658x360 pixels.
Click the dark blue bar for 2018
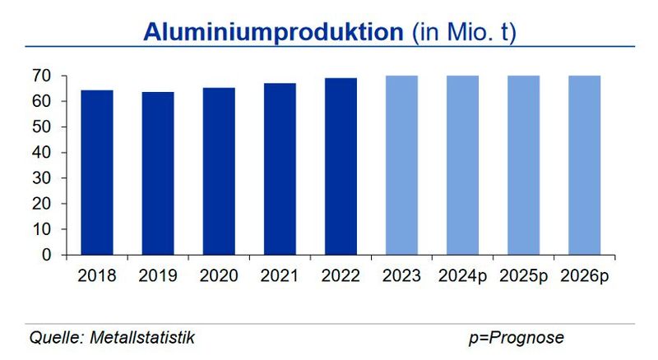click(x=97, y=173)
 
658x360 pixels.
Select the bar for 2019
click(x=158, y=173)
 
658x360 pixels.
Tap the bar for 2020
click(x=219, y=171)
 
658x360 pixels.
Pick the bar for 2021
click(x=280, y=168)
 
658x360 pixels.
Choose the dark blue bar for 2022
click(x=341, y=166)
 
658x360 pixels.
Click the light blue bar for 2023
click(x=401, y=165)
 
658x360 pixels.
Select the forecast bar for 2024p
click(x=462, y=165)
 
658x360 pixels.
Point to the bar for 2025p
click(x=524, y=165)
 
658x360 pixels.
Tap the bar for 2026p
click(x=585, y=165)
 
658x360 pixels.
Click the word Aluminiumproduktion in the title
click(x=273, y=32)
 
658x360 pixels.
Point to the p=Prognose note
click(x=517, y=338)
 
